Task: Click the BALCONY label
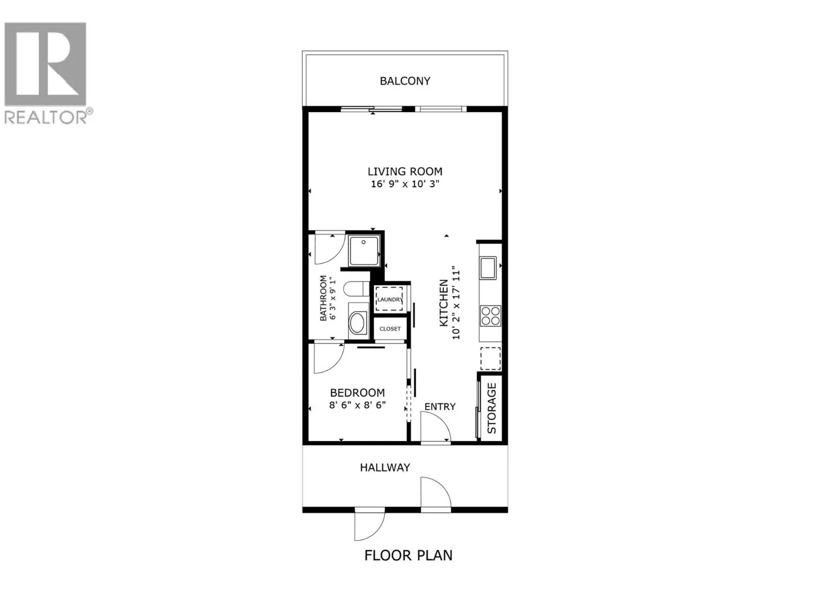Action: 405,81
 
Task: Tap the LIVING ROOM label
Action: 405,171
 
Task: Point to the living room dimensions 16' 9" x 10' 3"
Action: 405,184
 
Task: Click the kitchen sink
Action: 488,268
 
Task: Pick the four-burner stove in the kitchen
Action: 490,315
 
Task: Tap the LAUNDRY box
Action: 390,299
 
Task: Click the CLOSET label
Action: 390,329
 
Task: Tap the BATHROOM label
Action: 323,298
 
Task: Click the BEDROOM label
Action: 357,393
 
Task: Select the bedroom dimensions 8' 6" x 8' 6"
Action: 357,405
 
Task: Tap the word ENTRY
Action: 440,406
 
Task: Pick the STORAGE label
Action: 492,408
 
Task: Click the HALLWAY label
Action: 385,467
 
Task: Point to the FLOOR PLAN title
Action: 408,555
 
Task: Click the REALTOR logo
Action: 46,71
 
